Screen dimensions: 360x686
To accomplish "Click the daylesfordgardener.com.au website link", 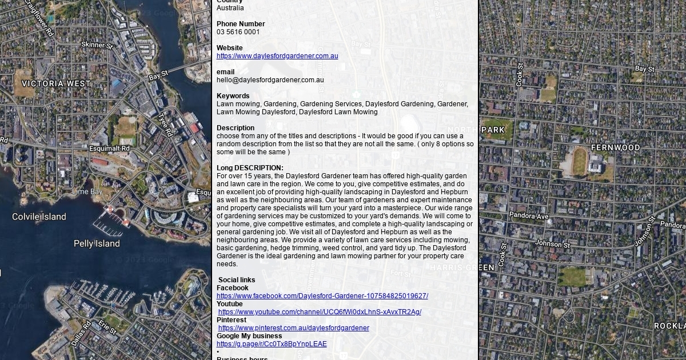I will pyautogui.click(x=277, y=56).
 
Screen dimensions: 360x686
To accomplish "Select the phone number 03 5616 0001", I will pyautogui.click(x=238, y=32).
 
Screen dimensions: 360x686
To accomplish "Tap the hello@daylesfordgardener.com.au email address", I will pyautogui.click(x=270, y=80).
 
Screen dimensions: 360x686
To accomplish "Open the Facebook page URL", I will pyautogui.click(x=322, y=296).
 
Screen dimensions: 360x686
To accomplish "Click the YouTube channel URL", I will pyautogui.click(x=320, y=312).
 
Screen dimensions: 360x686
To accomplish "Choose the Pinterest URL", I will pyautogui.click(x=293, y=328).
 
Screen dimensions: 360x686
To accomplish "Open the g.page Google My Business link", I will pyautogui.click(x=272, y=344).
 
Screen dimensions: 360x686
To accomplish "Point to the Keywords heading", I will pyautogui.click(x=233, y=96).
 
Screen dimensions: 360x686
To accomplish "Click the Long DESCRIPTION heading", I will pyautogui.click(x=250, y=168).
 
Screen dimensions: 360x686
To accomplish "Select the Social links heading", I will pyautogui.click(x=237, y=280).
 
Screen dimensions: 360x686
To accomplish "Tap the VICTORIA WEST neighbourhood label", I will pyautogui.click(x=56, y=83).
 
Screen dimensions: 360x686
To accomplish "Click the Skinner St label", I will pyautogui.click(x=97, y=45).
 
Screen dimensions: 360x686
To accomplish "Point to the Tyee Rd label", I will pyautogui.click(x=165, y=125).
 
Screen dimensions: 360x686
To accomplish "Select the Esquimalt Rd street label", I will pyautogui.click(x=109, y=149).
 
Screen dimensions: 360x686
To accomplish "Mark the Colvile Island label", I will pyautogui.click(x=39, y=217).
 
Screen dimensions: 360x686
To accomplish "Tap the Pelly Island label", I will pyautogui.click(x=97, y=243).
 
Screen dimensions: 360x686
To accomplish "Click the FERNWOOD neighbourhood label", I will pyautogui.click(x=615, y=147).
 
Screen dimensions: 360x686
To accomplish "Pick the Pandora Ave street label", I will pyautogui.click(x=529, y=216).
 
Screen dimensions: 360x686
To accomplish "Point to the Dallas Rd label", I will pyautogui.click(x=81, y=333).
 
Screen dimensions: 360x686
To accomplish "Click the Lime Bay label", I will pyautogui.click(x=87, y=191).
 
